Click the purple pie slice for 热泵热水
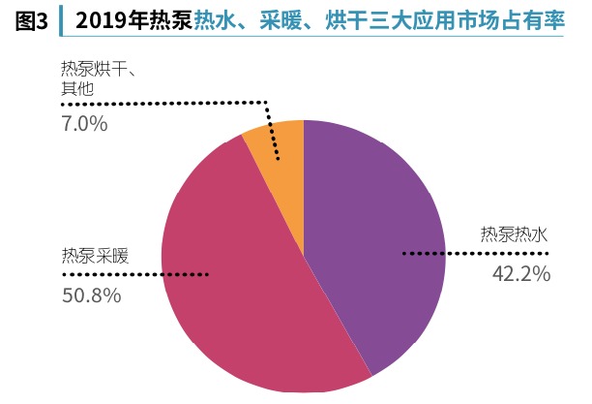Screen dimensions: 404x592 [x=377, y=223]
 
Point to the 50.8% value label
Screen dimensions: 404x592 [x=92, y=295]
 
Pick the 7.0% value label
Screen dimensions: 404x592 [x=84, y=124]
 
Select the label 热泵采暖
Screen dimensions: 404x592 [x=96, y=257]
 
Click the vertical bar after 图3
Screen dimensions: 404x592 [x=60, y=20]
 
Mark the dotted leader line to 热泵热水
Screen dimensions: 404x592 [x=474, y=254]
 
